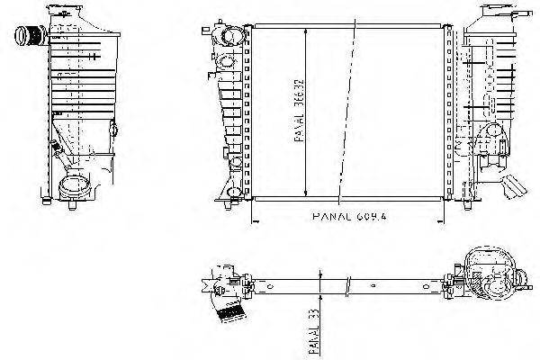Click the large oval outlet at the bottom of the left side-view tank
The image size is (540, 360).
(75, 190)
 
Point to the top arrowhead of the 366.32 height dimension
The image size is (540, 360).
(310, 30)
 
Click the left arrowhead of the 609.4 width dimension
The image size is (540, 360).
(254, 217)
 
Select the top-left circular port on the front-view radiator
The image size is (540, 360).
(230, 39)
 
